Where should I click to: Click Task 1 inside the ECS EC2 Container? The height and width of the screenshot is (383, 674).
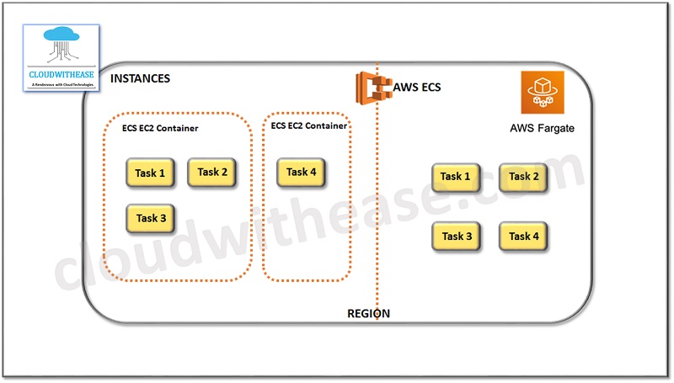click(150, 173)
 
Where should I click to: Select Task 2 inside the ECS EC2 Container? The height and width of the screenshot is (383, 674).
click(212, 172)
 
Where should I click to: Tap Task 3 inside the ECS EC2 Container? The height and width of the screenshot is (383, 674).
click(151, 218)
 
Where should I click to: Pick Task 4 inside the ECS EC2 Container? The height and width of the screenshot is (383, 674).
click(301, 172)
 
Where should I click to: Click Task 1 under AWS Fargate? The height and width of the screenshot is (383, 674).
click(456, 177)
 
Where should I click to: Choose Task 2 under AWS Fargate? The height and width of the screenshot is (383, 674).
click(523, 177)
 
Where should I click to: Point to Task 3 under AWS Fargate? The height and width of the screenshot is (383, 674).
click(456, 237)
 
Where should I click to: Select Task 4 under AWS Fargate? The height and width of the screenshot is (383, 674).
click(523, 237)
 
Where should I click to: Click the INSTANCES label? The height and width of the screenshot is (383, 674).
click(140, 78)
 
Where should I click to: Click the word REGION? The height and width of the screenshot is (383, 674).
click(369, 313)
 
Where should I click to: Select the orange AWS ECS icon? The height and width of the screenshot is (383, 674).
click(373, 87)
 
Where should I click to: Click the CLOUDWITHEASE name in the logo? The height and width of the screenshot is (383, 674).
click(62, 72)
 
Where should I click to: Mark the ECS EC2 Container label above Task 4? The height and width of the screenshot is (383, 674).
click(309, 125)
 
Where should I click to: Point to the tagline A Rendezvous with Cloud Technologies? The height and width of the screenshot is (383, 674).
click(62, 83)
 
